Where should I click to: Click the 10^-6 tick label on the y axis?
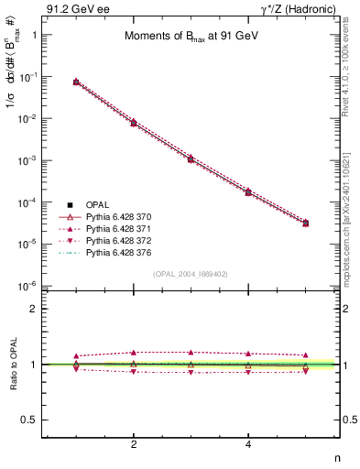(x=37, y=286)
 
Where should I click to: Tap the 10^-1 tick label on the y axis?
(x=37, y=77)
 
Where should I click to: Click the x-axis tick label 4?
(x=248, y=444)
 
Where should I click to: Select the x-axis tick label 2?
(x=134, y=444)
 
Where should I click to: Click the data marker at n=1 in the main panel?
(x=76, y=82)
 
